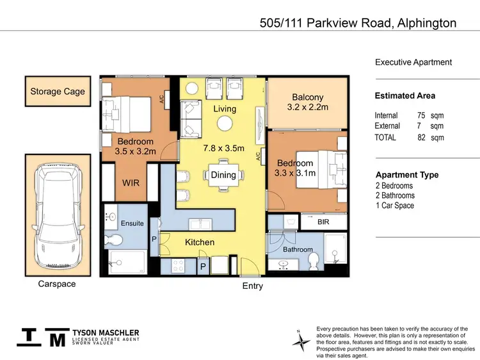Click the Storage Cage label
58,92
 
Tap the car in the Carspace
58,215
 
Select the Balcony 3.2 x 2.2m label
308,102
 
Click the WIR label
131,183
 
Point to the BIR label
323,222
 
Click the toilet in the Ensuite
113,241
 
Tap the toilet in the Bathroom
314,261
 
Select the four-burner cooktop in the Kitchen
177,266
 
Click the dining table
224,175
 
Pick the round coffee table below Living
225,124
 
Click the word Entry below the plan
253,286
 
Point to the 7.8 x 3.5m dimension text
224,148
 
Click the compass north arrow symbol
301,340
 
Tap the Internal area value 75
421,115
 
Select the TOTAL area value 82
422,137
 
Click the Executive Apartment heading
413,62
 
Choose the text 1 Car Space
395,205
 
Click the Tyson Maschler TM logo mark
43,338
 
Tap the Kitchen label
200,242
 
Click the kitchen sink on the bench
200,224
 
